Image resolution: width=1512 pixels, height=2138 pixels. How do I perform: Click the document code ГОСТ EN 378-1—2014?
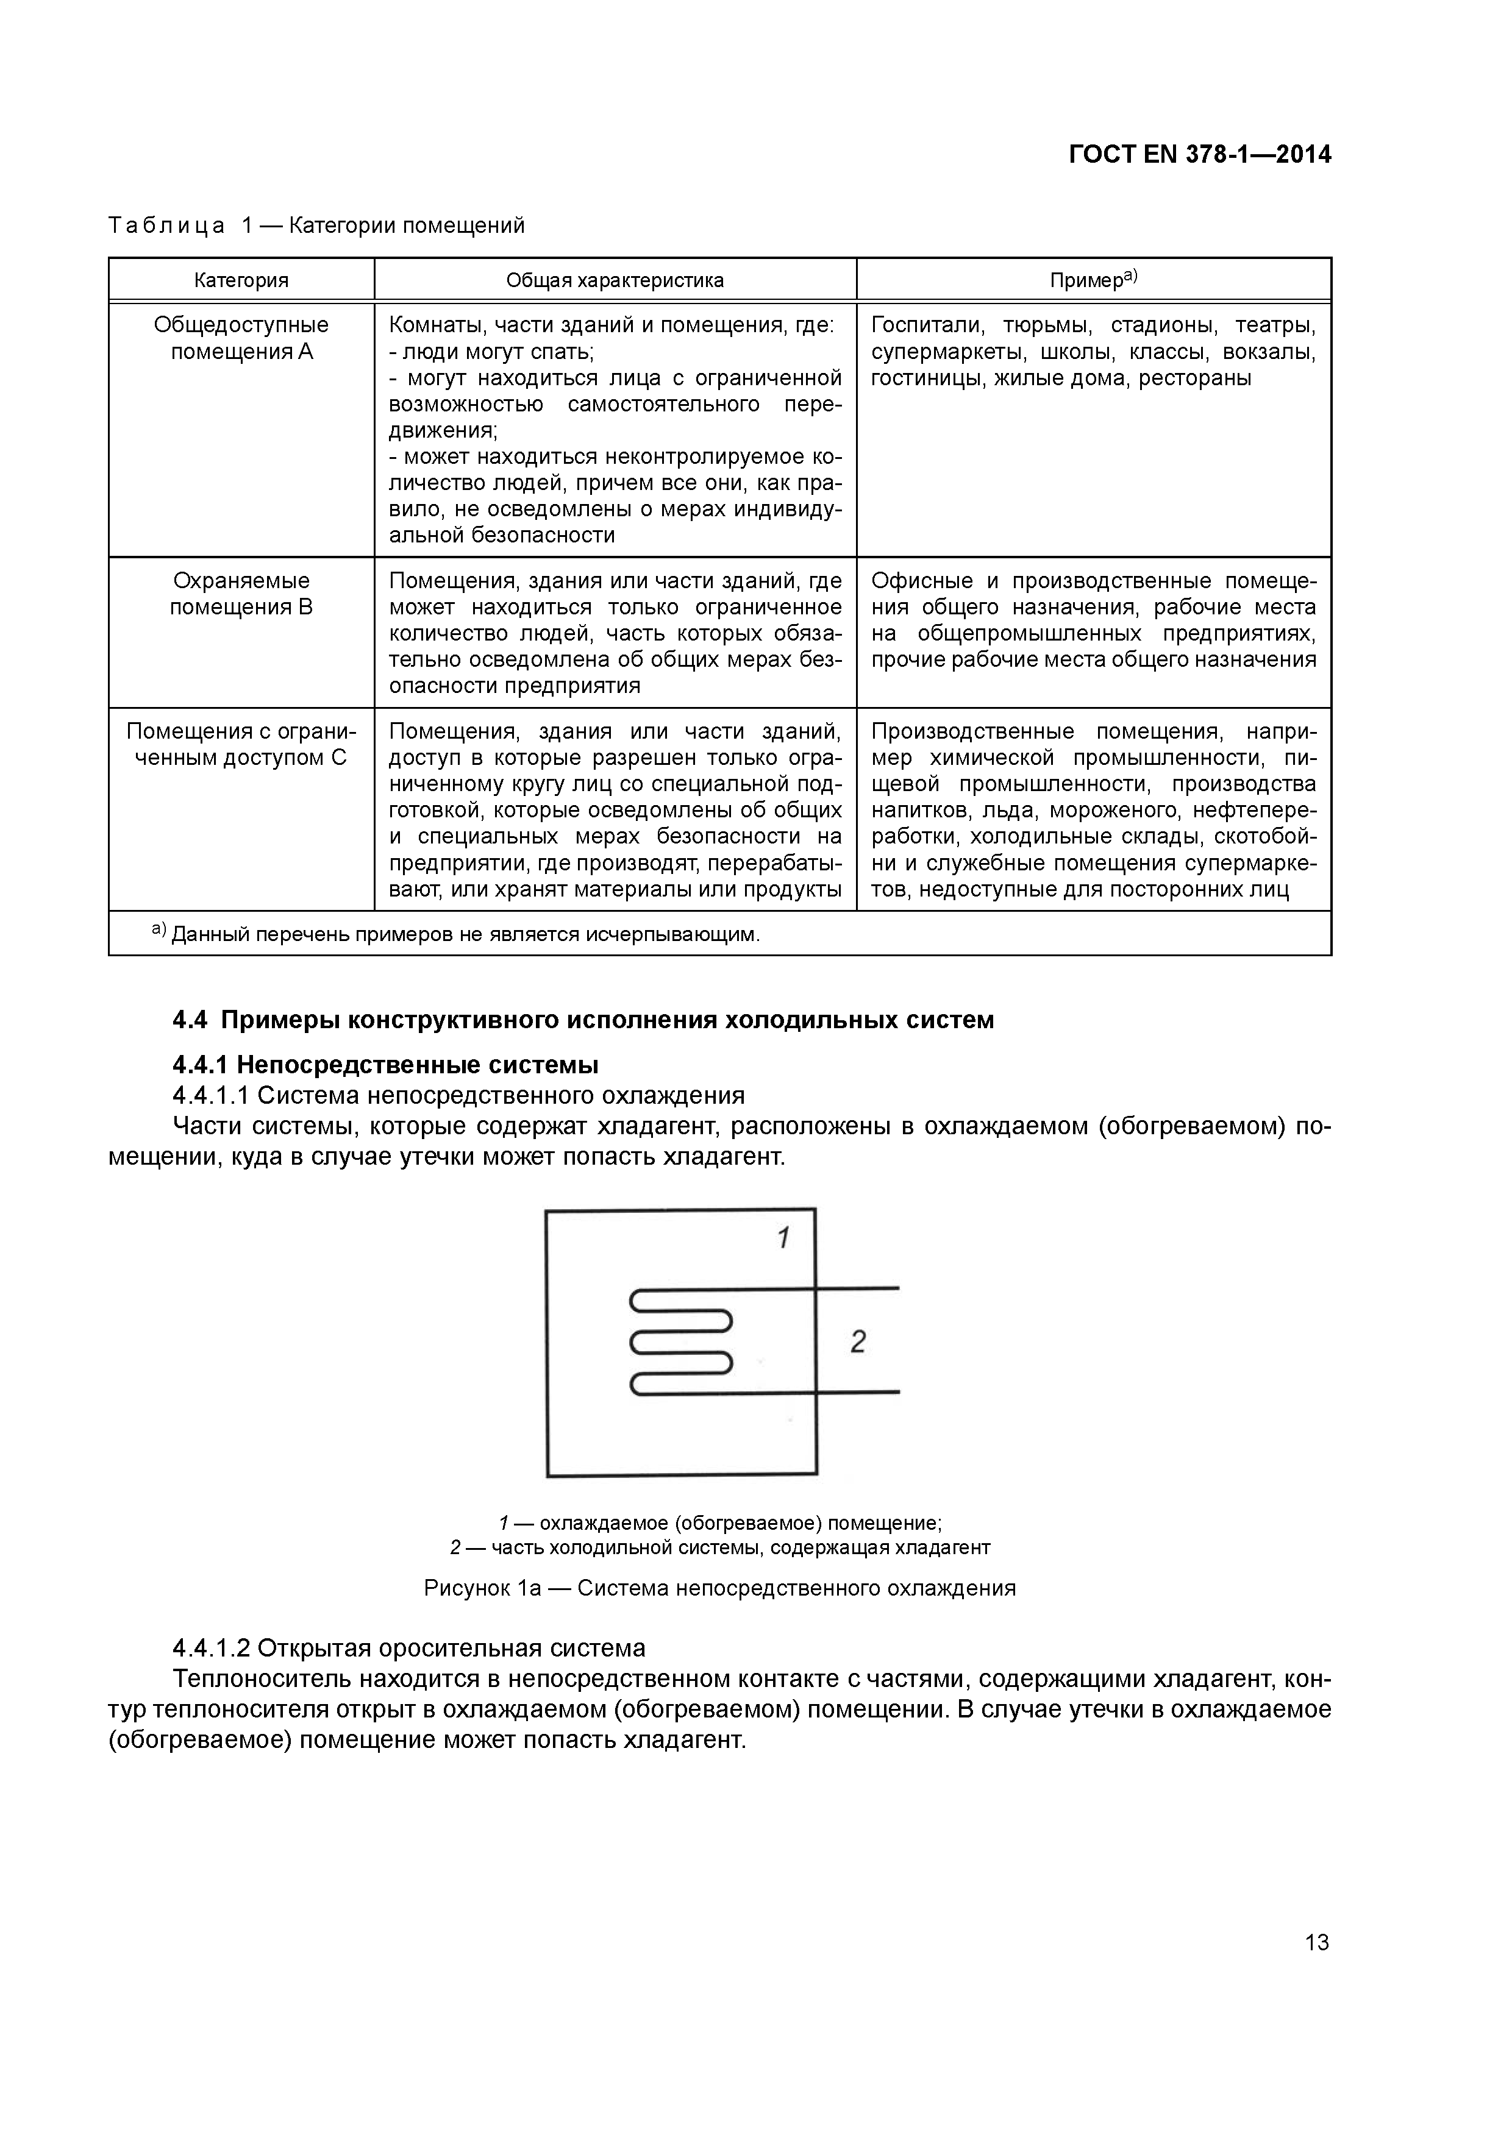1199,155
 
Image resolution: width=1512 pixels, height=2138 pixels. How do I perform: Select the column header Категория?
241,280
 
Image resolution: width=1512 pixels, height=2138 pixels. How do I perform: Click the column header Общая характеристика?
615,280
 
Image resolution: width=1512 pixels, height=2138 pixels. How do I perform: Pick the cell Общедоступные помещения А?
241,338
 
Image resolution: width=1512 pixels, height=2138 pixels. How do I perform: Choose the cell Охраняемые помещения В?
241,594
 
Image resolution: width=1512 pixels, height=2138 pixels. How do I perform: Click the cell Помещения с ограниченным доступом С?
241,744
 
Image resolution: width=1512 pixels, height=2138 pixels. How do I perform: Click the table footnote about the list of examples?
457,934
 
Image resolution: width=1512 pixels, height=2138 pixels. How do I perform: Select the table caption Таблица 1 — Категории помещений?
317,226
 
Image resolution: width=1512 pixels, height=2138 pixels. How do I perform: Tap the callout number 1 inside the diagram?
783,1238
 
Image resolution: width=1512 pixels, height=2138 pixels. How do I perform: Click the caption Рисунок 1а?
719,1588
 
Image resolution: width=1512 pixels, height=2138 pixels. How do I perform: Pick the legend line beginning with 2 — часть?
719,1547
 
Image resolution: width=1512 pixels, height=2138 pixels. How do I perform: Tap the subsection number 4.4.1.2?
212,1648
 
